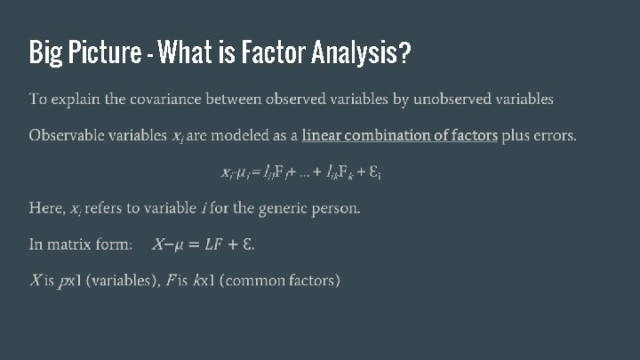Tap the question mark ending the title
tap(405, 54)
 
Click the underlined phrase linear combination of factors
tap(399, 136)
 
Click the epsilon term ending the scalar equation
tap(376, 172)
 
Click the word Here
tap(46, 208)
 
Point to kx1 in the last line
tap(203, 281)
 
